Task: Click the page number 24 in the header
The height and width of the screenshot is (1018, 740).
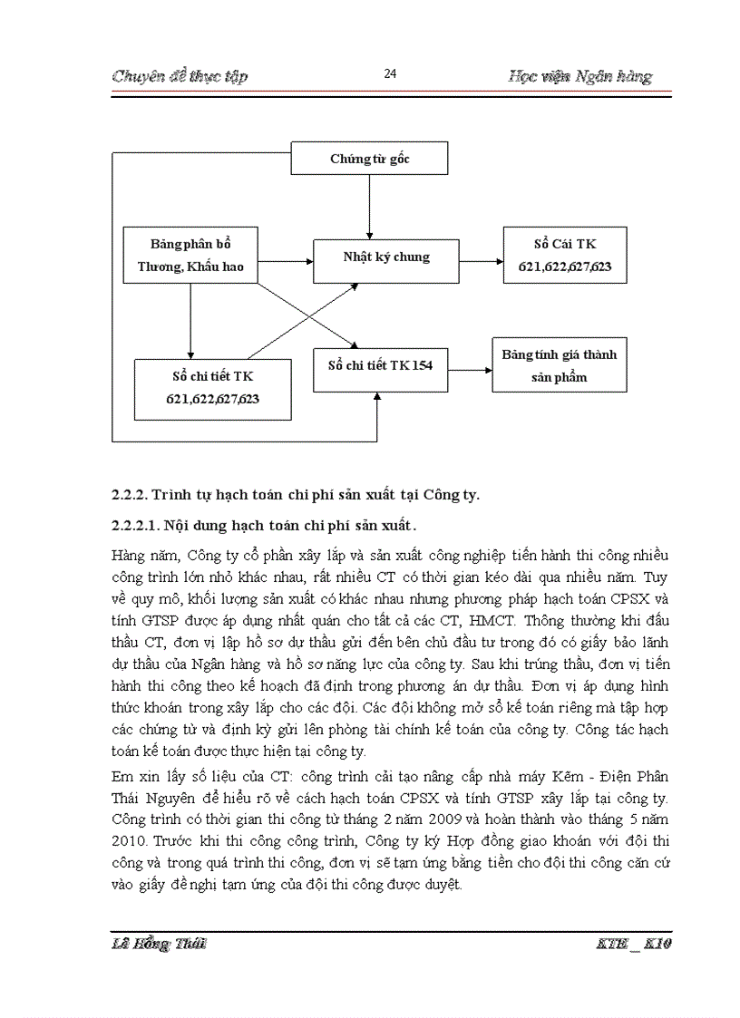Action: click(390, 74)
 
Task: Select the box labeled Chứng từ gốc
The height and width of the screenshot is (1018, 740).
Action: click(369, 158)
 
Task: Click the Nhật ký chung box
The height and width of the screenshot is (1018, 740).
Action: click(386, 257)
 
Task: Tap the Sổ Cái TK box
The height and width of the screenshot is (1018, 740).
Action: click(565, 257)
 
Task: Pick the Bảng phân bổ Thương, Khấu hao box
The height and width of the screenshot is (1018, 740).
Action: click(190, 256)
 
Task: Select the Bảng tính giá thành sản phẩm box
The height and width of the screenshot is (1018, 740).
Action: click(559, 365)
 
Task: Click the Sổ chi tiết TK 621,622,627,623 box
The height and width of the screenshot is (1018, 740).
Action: click(212, 389)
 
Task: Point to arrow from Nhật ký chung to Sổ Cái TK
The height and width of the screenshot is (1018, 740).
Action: click(481, 260)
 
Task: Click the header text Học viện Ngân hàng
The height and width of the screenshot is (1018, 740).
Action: click(580, 76)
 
